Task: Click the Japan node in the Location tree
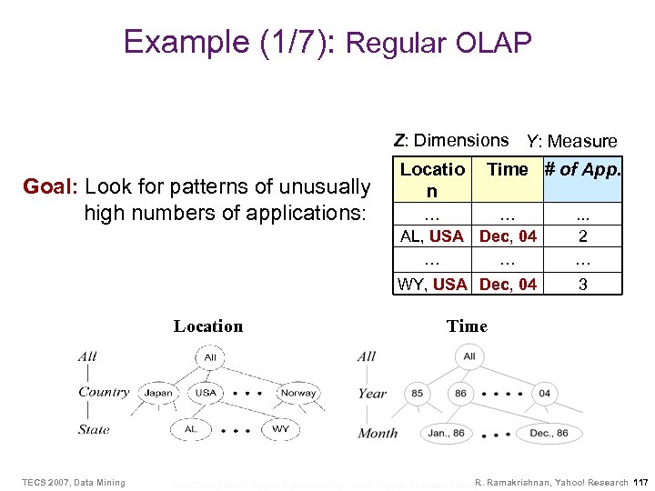[x=158, y=394]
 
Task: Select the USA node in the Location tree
[x=206, y=394]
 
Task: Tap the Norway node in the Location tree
[x=298, y=394]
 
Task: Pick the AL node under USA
[x=190, y=428]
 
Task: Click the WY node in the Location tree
[x=281, y=428]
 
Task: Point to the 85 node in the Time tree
[x=417, y=394]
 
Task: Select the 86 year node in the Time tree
[x=460, y=394]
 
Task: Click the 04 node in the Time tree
[x=544, y=394]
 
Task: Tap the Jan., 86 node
[x=447, y=433]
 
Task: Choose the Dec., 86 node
[x=549, y=433]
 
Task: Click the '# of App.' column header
[x=582, y=169]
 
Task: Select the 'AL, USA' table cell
[x=432, y=236]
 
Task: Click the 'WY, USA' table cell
[x=432, y=284]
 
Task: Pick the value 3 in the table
[x=582, y=284]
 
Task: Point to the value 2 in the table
[x=582, y=236]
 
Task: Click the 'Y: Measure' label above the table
[x=571, y=141]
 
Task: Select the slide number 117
[x=640, y=482]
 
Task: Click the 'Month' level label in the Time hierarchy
[x=378, y=433]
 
